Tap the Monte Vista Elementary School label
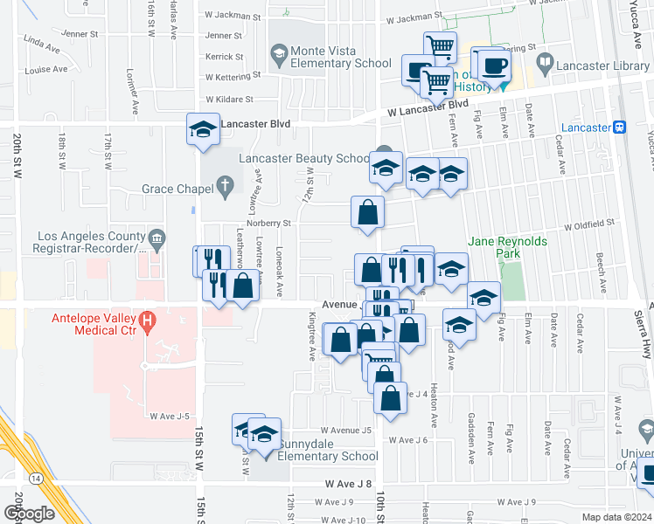341,57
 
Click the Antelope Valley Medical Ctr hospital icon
148,321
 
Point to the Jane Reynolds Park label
507,247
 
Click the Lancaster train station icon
620,127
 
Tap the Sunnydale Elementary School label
328,456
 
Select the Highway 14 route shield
36,478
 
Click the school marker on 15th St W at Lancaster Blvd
203,130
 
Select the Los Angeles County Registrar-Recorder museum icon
157,236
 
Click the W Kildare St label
228,100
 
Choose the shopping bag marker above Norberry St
368,212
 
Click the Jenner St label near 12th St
225,36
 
